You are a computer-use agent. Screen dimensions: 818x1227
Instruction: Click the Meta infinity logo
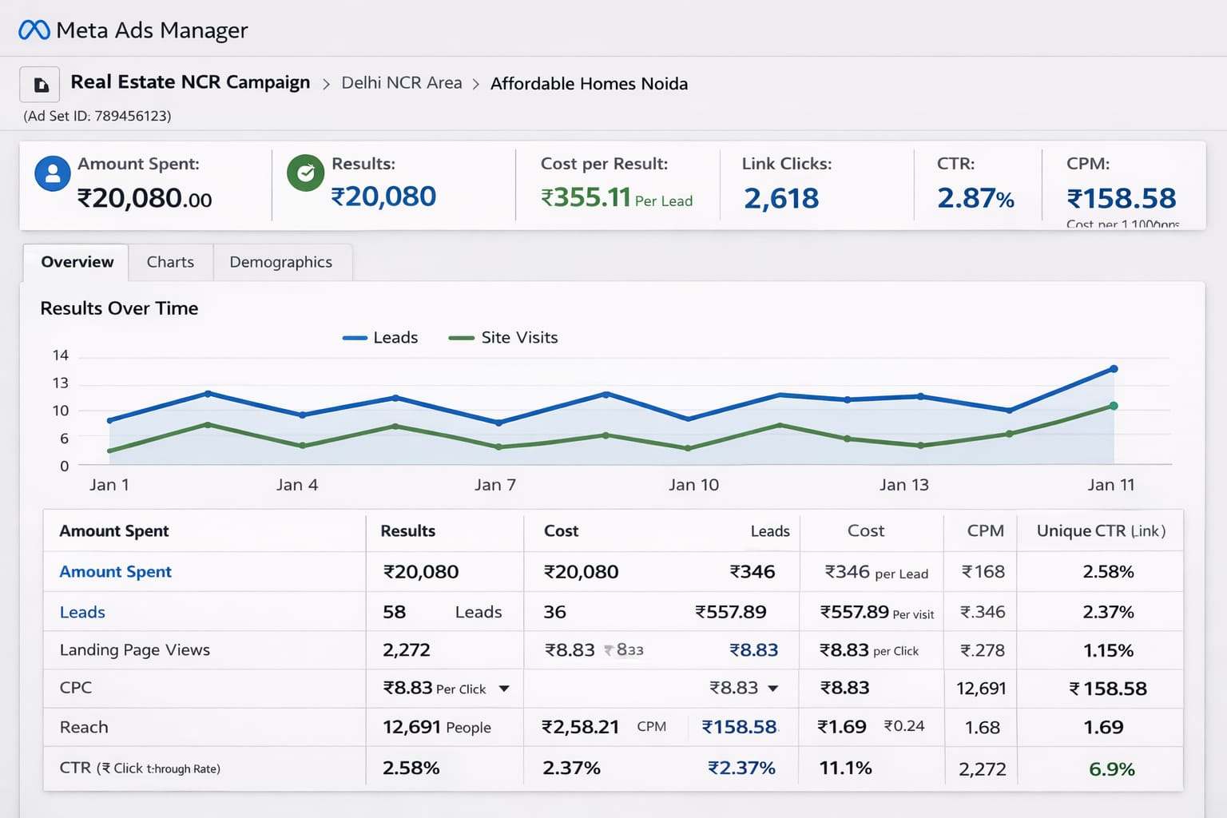(x=34, y=30)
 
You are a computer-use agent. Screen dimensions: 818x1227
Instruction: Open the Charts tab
(x=170, y=262)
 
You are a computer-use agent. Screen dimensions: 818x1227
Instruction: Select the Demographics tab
(x=280, y=262)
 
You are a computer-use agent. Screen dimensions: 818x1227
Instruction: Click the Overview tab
(x=77, y=262)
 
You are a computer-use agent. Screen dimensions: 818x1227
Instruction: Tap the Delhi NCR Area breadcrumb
(x=401, y=83)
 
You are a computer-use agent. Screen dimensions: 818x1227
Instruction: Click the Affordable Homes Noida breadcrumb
(x=589, y=84)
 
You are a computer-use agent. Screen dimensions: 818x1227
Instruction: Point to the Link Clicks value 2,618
(x=780, y=198)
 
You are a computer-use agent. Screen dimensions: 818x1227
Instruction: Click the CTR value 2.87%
(x=975, y=198)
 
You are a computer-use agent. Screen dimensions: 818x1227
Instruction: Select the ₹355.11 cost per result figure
(x=586, y=197)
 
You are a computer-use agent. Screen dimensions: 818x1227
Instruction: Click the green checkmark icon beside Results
(x=305, y=173)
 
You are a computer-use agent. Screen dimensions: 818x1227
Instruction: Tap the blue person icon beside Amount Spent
(x=53, y=173)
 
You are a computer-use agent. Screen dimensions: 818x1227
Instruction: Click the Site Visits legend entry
(x=503, y=338)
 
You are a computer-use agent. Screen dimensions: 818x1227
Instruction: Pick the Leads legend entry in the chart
(x=380, y=338)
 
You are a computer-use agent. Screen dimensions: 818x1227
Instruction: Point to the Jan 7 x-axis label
(x=494, y=485)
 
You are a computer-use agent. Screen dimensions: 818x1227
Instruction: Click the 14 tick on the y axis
(x=61, y=355)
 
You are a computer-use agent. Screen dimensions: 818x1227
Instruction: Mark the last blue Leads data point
(x=1114, y=369)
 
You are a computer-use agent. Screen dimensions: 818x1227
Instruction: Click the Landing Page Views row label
(x=135, y=650)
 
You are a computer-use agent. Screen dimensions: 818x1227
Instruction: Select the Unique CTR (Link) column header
(x=1100, y=531)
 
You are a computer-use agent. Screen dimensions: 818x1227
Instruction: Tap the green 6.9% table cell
(x=1111, y=769)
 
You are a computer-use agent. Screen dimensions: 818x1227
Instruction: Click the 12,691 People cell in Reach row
(x=436, y=727)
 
